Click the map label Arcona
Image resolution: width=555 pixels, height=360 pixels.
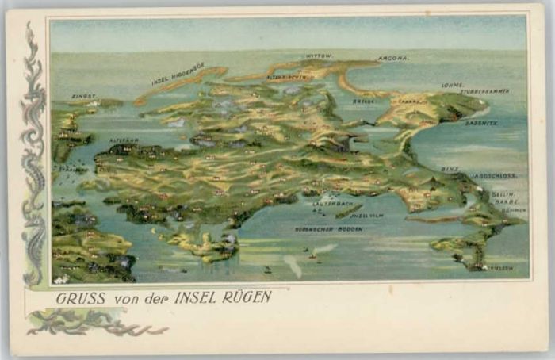[393, 58]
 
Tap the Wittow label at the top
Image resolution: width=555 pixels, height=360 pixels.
[319, 56]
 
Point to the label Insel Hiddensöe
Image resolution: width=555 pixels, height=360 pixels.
[178, 73]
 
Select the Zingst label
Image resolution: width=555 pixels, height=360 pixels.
[83, 96]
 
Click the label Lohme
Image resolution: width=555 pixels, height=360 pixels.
[453, 85]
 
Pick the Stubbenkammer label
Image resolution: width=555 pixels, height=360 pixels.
[485, 91]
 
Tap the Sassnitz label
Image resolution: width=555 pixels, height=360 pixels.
[481, 123]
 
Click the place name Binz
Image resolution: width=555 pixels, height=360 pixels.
[450, 169]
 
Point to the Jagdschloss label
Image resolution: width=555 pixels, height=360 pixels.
[494, 175]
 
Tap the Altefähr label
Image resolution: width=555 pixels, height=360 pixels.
[124, 140]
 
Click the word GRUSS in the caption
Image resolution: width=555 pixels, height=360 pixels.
[76, 298]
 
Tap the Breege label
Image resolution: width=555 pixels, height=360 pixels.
[364, 101]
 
